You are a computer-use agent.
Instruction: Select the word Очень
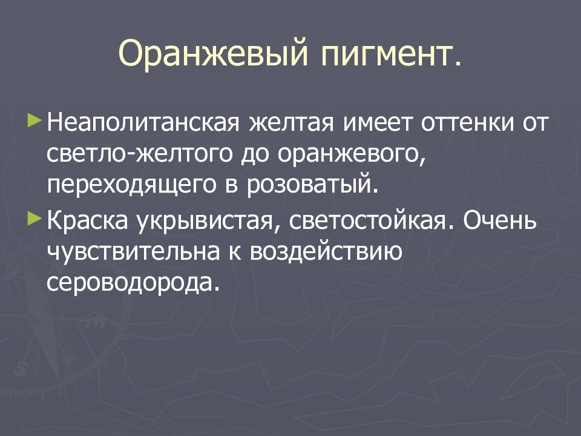(x=500, y=224)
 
